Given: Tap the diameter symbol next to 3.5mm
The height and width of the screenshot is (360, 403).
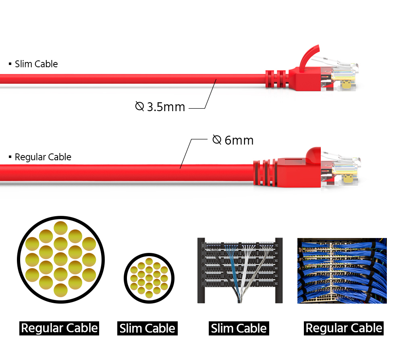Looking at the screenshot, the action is click(x=139, y=106).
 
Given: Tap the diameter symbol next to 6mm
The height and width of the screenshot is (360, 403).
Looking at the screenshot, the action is click(x=217, y=140).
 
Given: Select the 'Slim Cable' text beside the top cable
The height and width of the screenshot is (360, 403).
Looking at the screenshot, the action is click(x=36, y=64).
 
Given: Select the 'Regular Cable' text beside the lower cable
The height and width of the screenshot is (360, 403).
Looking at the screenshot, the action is click(x=43, y=157).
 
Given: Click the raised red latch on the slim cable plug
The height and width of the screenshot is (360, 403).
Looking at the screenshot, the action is click(x=308, y=58).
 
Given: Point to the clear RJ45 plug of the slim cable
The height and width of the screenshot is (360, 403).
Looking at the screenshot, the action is click(x=339, y=75).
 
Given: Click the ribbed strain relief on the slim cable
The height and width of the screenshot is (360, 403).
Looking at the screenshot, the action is click(x=277, y=79).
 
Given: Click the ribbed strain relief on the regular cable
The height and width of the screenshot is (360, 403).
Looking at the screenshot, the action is click(x=265, y=172).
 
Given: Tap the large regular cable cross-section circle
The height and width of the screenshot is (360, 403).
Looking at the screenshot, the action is click(x=61, y=260).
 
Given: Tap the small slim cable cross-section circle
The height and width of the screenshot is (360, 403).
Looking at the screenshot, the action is click(x=149, y=278).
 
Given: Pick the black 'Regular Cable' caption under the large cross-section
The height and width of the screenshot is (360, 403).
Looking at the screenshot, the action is click(x=59, y=328).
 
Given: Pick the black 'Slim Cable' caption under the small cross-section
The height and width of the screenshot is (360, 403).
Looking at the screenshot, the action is click(x=147, y=328).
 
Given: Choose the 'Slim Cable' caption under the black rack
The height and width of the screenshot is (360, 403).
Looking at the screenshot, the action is click(x=239, y=328).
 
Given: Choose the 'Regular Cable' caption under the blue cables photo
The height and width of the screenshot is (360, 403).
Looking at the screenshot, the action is click(x=344, y=328).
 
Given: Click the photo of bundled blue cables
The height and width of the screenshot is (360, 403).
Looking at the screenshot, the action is click(x=342, y=271).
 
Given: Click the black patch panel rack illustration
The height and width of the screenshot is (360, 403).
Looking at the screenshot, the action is click(x=240, y=270).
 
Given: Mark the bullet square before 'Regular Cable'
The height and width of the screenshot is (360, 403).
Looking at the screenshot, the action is click(x=10, y=157).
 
